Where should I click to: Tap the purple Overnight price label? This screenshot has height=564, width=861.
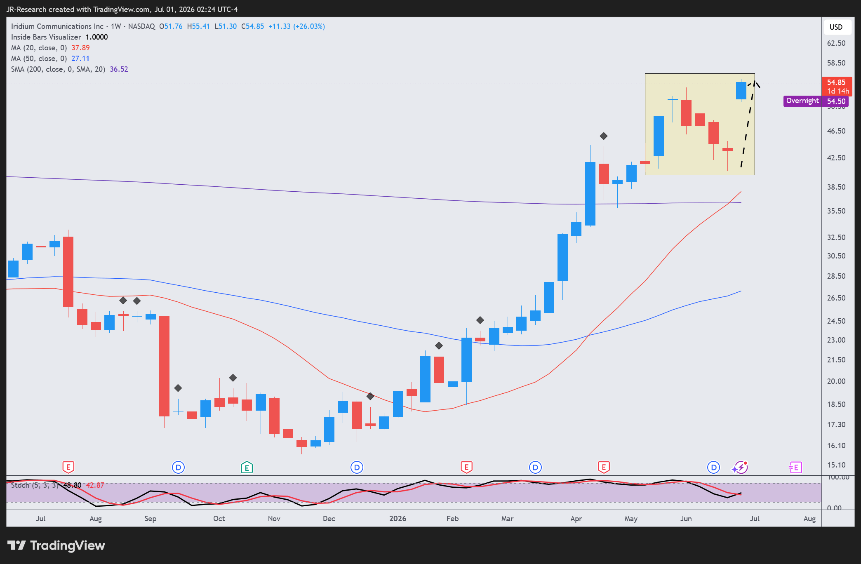tap(802, 101)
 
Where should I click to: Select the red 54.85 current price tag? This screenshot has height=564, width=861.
tap(837, 87)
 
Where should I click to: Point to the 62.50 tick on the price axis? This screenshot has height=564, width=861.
tap(836, 43)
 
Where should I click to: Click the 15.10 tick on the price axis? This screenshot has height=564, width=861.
tap(836, 465)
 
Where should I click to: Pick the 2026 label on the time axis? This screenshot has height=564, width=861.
tap(398, 519)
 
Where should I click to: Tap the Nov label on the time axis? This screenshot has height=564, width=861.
tap(274, 519)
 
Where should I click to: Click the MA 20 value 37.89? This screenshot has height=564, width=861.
tap(80, 48)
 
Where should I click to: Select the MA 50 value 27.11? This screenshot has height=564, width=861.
tap(80, 59)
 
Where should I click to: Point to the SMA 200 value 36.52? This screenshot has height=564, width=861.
tap(119, 69)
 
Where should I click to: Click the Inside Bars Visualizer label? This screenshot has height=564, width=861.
tap(46, 37)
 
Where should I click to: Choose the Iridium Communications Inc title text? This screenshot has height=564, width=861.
tap(57, 26)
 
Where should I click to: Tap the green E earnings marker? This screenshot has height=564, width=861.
tap(247, 467)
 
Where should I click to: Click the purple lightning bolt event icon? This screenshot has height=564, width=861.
tap(741, 467)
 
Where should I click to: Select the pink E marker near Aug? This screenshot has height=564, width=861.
tap(795, 467)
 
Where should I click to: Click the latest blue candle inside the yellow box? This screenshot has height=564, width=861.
tap(741, 91)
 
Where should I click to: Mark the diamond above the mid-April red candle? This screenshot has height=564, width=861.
tap(604, 136)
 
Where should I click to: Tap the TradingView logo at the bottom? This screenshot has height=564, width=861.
tap(56, 545)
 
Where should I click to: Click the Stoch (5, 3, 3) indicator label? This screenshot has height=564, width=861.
tap(35, 485)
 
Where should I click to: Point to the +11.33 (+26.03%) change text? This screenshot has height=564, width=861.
tap(296, 26)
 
